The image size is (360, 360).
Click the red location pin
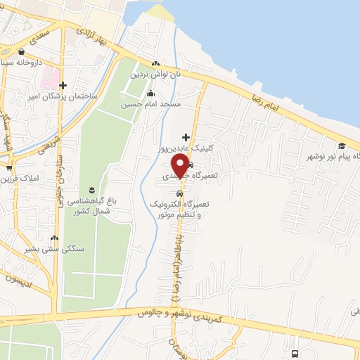[x=180, y=166]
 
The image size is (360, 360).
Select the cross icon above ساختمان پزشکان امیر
[x=63, y=84]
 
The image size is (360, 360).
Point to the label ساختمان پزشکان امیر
[x=63, y=95]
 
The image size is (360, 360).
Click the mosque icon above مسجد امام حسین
[x=150, y=94]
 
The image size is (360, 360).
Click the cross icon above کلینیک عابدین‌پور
[x=186, y=136]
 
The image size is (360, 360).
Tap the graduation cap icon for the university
[x=342, y=146]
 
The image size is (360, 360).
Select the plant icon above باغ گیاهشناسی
[x=92, y=190]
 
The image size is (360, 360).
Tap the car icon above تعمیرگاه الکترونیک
[x=180, y=193]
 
